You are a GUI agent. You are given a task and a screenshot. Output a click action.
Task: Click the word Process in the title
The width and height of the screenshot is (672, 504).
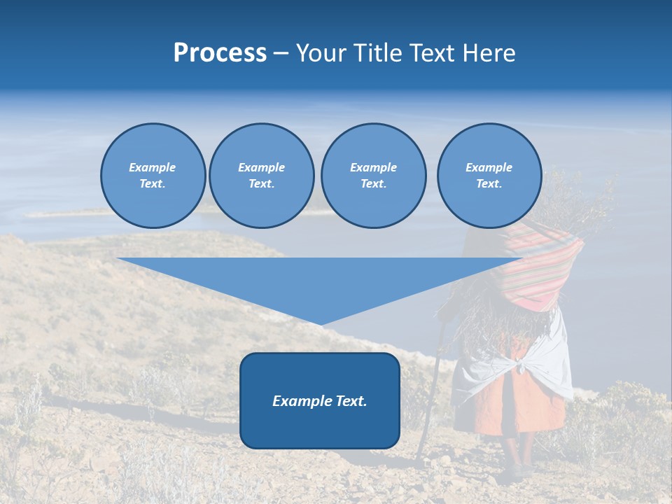tap(220, 53)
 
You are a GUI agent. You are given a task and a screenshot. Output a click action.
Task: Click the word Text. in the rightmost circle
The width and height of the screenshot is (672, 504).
tap(489, 183)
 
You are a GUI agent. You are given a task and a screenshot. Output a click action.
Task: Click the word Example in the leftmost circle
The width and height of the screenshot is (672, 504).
tap(152, 167)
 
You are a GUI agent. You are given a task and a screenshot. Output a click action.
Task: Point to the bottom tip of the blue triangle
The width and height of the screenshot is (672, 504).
tap(321, 323)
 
